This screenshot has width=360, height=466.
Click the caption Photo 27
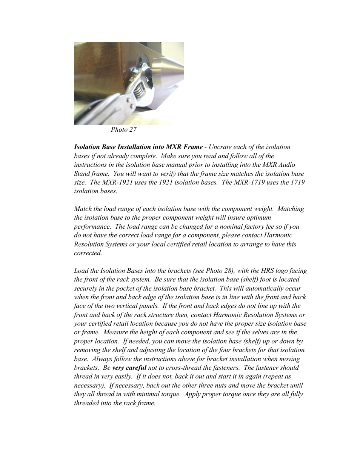tap(123, 129)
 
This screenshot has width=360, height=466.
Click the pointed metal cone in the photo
tap(168, 67)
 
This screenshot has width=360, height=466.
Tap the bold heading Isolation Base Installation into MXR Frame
tap(138, 147)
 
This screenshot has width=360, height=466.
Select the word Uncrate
tap(220, 147)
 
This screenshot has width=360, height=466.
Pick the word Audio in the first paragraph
tap(286, 165)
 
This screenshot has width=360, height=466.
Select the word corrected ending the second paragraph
tap(88, 253)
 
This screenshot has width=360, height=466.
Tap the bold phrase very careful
tap(129, 368)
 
